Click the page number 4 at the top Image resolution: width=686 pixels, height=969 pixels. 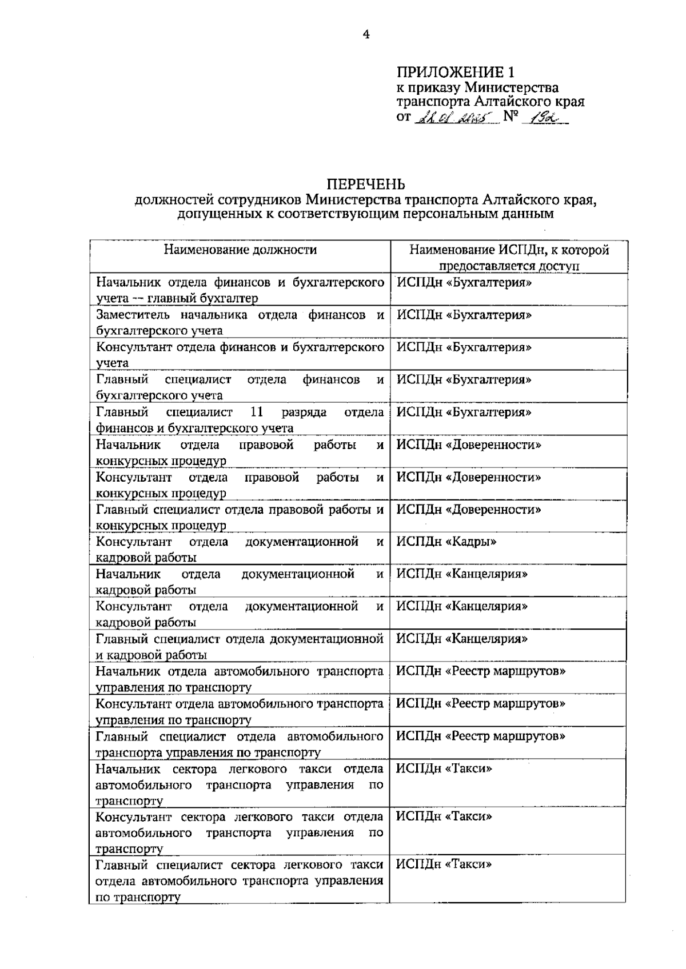[x=366, y=35]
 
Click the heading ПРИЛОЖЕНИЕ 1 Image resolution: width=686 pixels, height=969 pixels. [x=456, y=73]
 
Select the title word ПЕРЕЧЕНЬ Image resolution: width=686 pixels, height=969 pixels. [x=366, y=185]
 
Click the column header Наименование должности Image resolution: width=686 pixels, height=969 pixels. [x=240, y=250]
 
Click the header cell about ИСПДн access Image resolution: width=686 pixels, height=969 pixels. [x=508, y=258]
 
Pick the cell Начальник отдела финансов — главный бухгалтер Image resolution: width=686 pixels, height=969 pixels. [x=240, y=290]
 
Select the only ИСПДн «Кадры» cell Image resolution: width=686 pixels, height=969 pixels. [x=446, y=542]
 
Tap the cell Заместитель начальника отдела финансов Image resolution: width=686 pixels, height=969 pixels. [x=240, y=323]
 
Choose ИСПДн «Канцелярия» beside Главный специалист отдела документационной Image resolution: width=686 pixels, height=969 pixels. [x=462, y=639]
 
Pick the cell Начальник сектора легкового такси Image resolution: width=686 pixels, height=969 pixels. [x=240, y=784]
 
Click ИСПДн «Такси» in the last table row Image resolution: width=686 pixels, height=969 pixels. [x=444, y=864]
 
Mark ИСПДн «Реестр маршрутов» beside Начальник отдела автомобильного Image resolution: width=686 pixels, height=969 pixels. [x=481, y=671]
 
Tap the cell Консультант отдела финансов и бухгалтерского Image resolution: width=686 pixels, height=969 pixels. [x=240, y=355]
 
